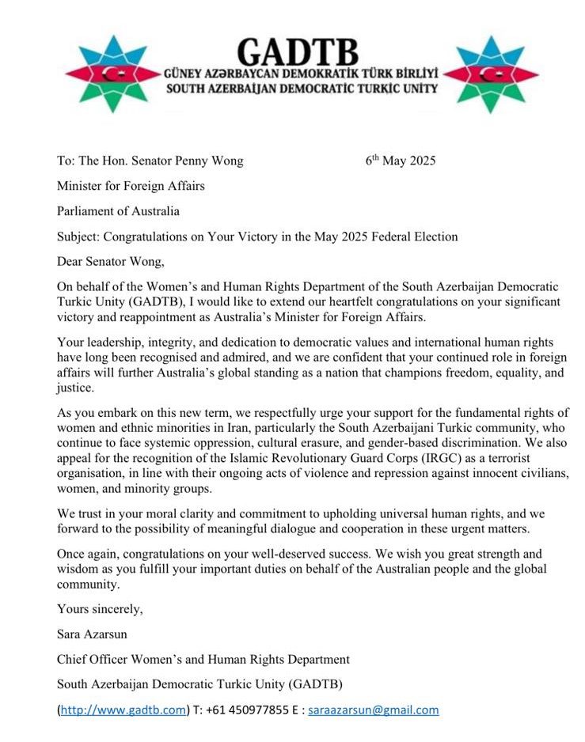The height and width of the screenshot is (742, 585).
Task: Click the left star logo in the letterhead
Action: (x=104, y=74)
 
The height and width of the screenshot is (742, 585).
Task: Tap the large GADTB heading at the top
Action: (x=298, y=51)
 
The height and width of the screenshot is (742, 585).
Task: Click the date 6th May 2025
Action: (x=401, y=161)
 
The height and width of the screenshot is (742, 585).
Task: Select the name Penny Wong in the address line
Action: (x=211, y=161)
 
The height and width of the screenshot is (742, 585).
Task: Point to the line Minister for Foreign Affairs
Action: (x=131, y=187)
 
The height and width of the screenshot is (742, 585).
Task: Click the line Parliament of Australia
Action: (x=118, y=211)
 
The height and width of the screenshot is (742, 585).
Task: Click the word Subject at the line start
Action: (x=78, y=237)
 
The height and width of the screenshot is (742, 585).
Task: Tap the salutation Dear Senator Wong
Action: (x=115, y=262)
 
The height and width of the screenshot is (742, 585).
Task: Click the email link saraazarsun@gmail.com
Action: (x=373, y=710)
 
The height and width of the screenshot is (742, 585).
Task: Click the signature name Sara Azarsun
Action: (x=93, y=634)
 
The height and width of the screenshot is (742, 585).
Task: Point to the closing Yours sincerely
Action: (x=100, y=608)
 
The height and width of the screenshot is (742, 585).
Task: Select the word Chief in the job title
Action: (x=73, y=659)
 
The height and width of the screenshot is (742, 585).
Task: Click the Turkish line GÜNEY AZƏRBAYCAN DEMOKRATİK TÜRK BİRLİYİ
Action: (x=301, y=74)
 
